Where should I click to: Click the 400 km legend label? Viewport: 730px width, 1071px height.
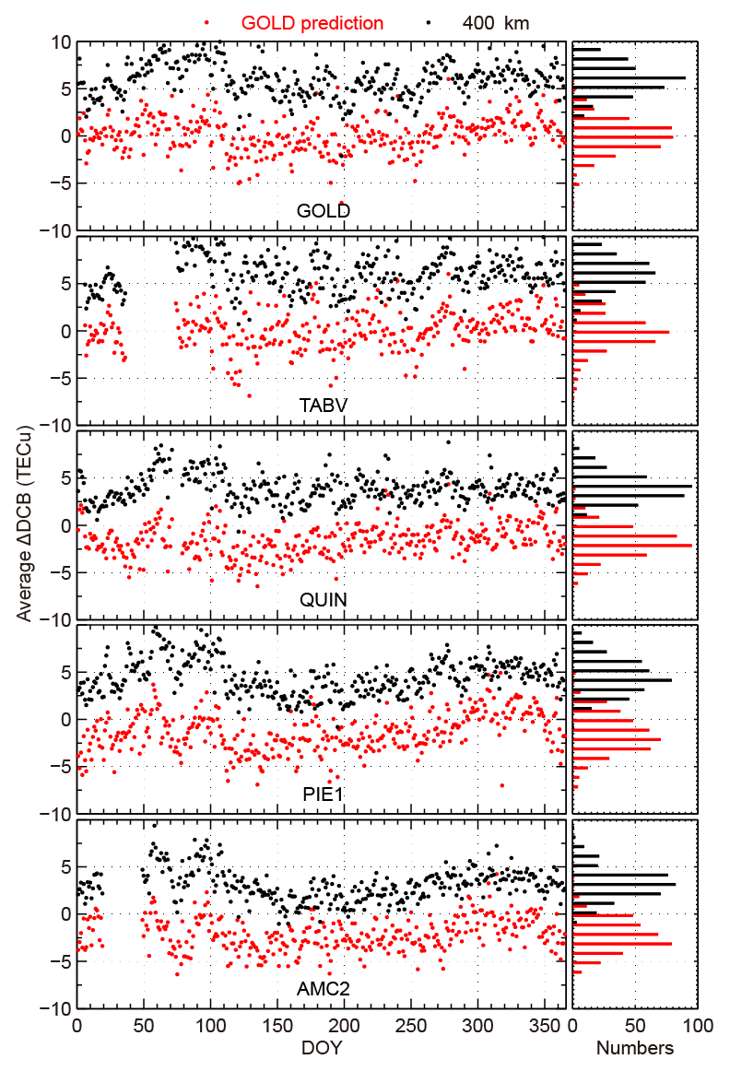(495, 23)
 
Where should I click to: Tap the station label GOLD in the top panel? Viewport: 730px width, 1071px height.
(323, 211)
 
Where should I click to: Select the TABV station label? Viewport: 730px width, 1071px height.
(323, 405)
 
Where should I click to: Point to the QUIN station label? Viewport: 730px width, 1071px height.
(323, 599)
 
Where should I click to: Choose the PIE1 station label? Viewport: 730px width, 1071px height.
(323, 794)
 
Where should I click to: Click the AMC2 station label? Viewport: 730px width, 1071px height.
(323, 988)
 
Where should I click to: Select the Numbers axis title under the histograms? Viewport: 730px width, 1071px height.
(634, 1048)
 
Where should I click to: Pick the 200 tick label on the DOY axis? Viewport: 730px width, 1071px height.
(343, 1025)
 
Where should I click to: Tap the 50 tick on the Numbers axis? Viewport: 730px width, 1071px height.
(635, 1025)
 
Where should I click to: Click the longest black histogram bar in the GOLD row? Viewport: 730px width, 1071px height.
(629, 77)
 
